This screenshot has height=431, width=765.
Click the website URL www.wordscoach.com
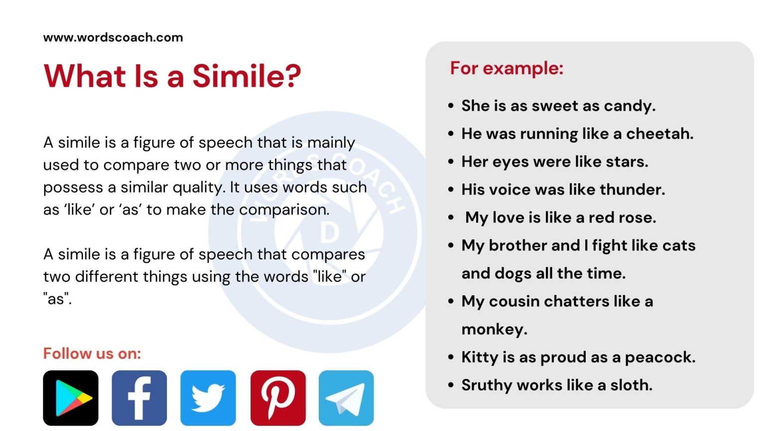point(113,37)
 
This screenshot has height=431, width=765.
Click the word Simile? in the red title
point(247,76)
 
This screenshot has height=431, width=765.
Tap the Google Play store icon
point(71,398)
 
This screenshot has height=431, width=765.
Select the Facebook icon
point(139,398)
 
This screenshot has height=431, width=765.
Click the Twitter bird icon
point(208,398)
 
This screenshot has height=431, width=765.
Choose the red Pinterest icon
point(278,398)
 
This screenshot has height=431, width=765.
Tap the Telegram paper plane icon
point(346,398)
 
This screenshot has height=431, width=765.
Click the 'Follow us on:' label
point(92,354)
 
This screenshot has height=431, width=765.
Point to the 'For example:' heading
point(507,68)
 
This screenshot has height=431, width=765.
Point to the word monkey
point(494,330)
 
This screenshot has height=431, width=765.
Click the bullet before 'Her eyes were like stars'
point(451,162)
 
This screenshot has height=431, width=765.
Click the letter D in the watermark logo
point(329,233)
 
